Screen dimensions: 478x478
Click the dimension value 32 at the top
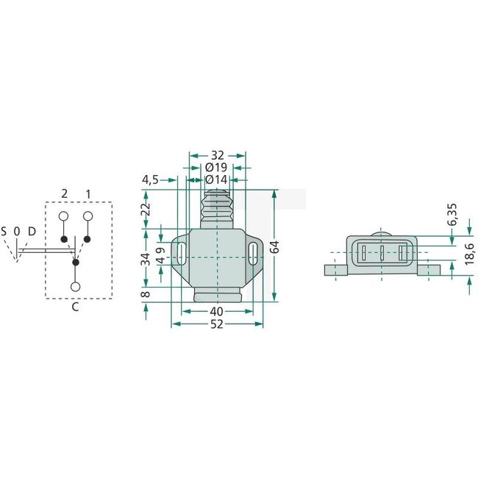217,156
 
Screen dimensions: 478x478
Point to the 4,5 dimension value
151,179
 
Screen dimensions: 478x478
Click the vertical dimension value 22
146,209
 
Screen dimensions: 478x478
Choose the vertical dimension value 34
146,259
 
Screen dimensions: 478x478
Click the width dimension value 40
216,312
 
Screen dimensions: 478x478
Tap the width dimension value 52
216,324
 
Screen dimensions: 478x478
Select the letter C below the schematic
75,307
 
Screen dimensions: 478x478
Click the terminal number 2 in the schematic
65,193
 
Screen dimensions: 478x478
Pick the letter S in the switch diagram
4,232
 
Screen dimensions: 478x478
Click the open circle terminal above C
76,286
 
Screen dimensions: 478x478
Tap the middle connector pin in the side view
382,255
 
